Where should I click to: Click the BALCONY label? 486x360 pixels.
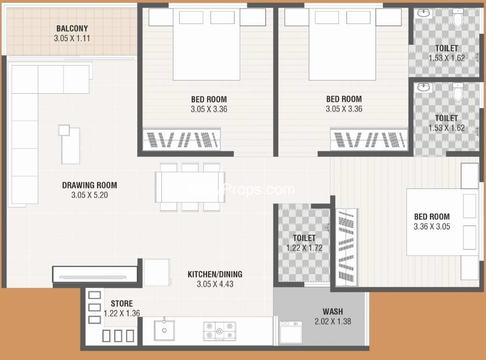tap(72, 29)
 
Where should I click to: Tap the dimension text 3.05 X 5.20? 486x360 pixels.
tap(90, 195)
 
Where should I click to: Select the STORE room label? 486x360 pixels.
tap(122, 304)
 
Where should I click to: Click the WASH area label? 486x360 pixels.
tap(333, 312)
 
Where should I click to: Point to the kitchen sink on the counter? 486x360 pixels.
tap(164, 330)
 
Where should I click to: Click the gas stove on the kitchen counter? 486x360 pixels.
tap(219, 331)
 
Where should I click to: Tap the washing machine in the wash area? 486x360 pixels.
tap(291, 332)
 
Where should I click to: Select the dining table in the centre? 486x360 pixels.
tap(190, 187)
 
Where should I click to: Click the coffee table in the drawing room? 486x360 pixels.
tap(70, 145)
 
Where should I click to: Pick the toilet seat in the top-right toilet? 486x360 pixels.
tap(458, 18)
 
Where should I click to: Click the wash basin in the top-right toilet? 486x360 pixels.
tap(423, 13)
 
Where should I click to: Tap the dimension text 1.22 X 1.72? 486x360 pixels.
tap(304, 248)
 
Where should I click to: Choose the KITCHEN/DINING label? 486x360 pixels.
tap(215, 274)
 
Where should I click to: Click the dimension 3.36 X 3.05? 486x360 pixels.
tap(432, 227)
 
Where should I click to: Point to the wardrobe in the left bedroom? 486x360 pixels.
tap(182, 140)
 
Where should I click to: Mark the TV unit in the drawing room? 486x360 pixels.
tap(95, 274)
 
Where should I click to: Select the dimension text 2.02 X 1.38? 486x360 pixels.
tap(333, 322)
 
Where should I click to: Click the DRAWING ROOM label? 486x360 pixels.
tap(90, 186)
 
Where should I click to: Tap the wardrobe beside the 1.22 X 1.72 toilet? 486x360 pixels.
tap(347, 247)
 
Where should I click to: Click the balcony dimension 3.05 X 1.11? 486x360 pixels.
tap(72, 38)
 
